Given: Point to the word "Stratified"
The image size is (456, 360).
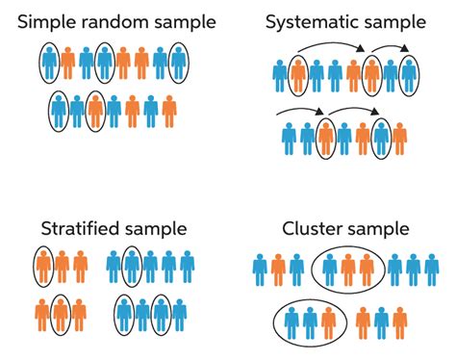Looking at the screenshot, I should [x=79, y=229].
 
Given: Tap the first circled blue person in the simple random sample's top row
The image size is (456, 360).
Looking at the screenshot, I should [x=49, y=64].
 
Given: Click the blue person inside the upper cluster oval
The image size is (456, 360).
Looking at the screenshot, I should [x=330, y=270].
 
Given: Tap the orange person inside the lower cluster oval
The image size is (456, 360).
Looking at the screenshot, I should [x=330, y=321].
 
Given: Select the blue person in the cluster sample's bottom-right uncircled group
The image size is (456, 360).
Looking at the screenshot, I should [x=384, y=321].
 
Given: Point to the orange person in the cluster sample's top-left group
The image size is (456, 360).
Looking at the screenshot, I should [x=278, y=270].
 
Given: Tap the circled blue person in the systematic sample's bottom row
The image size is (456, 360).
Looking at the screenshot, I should [x=381, y=138].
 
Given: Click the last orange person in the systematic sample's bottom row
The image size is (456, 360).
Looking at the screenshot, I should [x=363, y=138].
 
